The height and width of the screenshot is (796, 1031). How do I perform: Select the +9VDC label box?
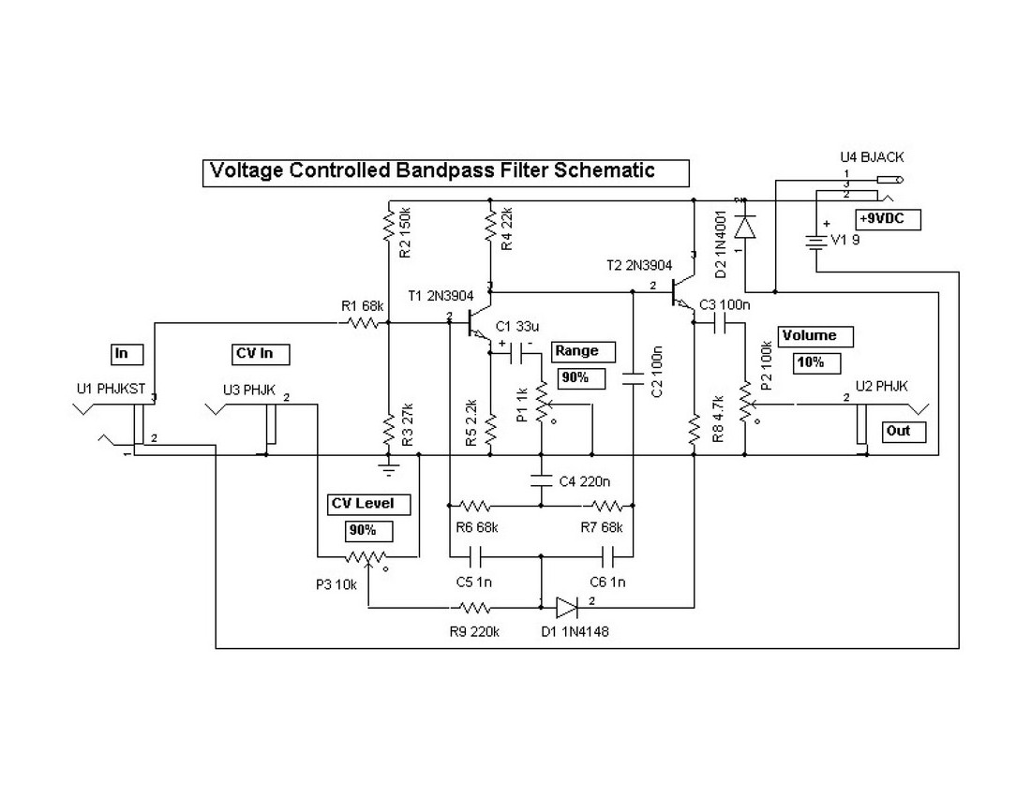(887, 220)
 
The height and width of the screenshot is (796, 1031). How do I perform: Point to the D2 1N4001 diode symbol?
(745, 227)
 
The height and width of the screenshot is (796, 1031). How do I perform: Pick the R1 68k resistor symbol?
(361, 323)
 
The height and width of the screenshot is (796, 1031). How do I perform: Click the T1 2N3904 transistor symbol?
(478, 323)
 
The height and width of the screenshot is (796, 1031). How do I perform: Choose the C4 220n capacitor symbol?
(541, 480)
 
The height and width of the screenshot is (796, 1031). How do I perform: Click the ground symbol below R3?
(388, 462)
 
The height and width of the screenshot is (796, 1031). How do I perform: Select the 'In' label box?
(127, 354)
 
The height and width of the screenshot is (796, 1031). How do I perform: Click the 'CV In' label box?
(259, 354)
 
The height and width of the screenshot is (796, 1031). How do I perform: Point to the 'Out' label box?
(904, 432)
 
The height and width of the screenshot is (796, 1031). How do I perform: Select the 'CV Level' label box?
(363, 504)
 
